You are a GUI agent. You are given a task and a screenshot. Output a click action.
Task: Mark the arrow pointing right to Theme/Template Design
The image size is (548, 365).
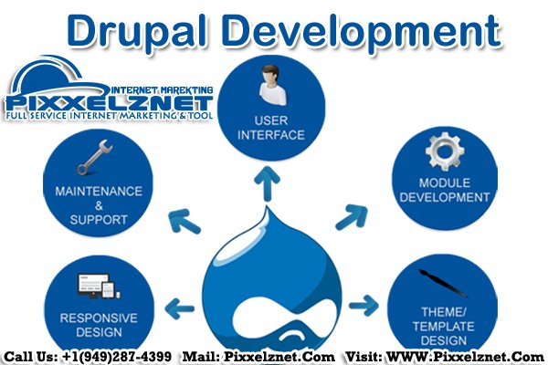[x=364, y=301]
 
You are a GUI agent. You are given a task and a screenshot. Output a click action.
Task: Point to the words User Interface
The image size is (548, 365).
[x=272, y=128]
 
